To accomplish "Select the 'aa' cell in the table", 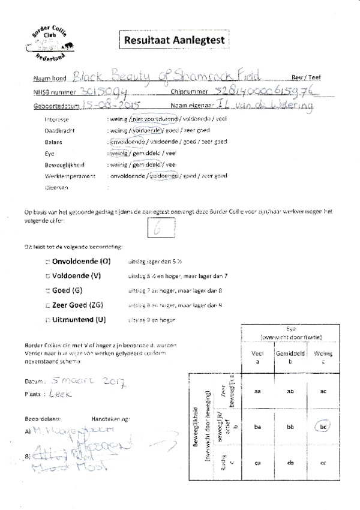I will click(257, 391).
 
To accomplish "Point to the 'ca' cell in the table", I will click(257, 462).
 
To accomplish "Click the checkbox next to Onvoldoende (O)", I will click(47, 262).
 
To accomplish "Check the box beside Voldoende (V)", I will click(47, 277).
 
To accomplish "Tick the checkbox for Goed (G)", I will click(47, 291).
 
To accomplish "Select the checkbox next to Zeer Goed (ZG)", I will click(47, 305).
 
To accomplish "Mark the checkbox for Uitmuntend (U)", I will click(47, 320).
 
